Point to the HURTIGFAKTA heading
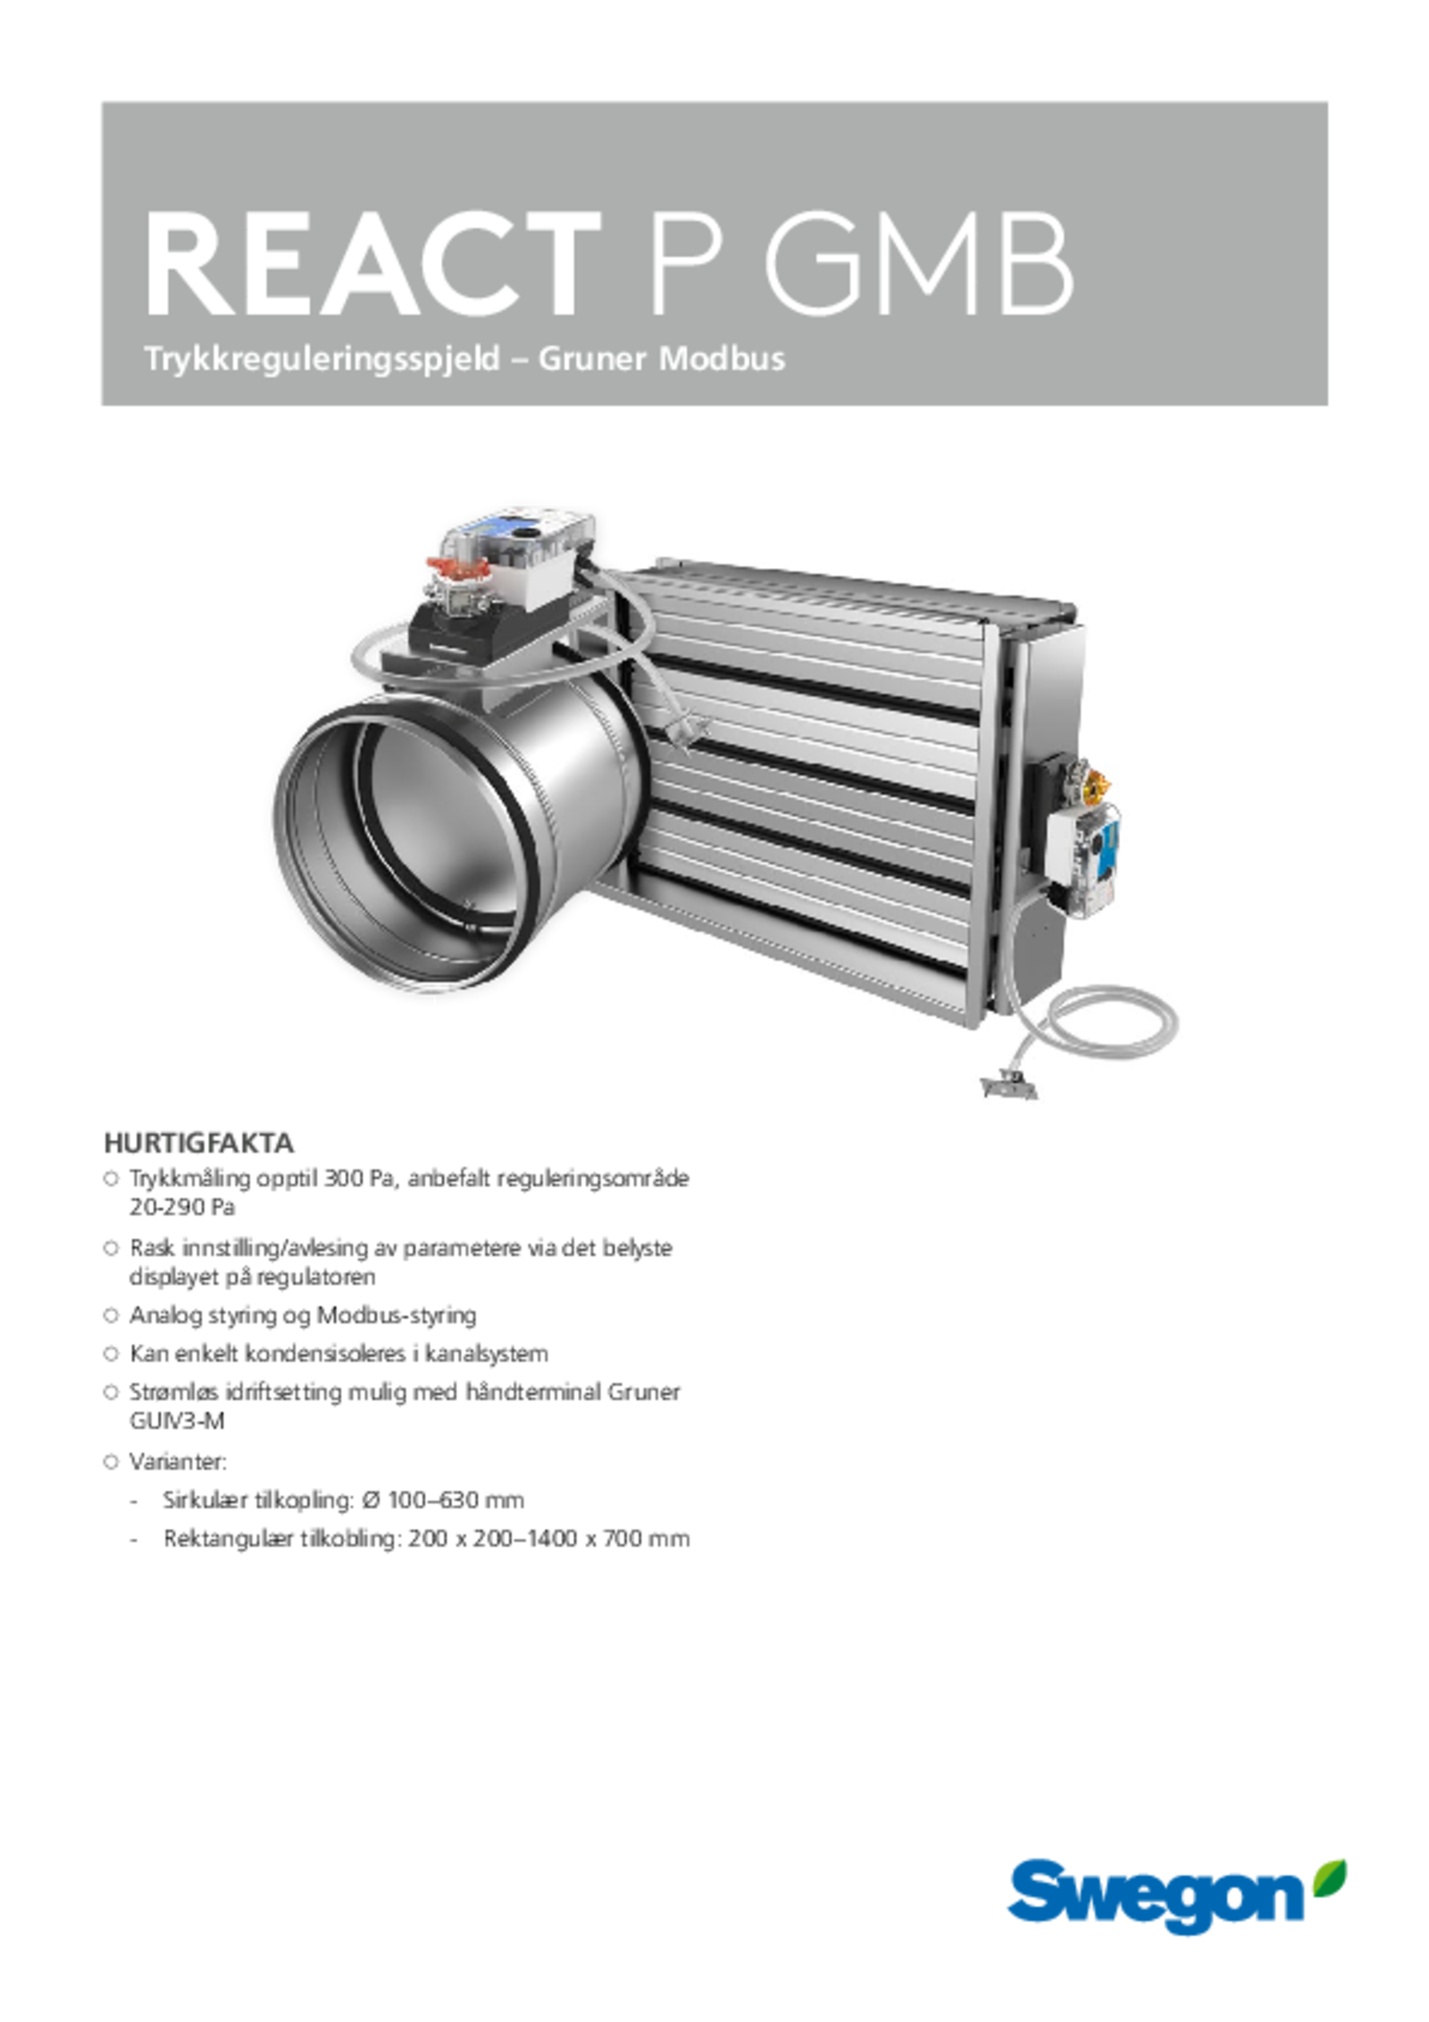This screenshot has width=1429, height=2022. (198, 1143)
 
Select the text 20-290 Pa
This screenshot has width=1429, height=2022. (182, 1207)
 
